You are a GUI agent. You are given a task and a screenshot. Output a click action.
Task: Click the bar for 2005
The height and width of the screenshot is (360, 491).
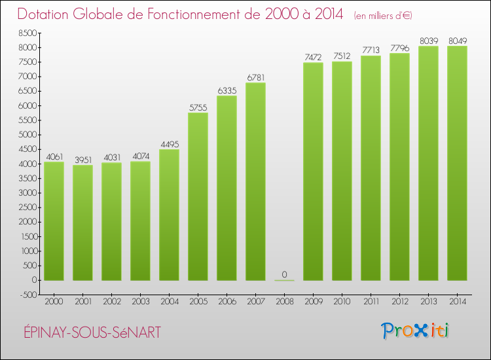point(198,196)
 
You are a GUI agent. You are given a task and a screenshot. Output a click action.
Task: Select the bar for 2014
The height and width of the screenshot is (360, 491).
point(457,163)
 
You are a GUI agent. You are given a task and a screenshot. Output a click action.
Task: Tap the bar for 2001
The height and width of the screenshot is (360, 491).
point(82,223)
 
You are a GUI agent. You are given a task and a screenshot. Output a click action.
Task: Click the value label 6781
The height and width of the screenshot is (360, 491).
point(255,77)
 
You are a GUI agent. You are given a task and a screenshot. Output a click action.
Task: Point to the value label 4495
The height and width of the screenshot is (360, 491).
point(169,144)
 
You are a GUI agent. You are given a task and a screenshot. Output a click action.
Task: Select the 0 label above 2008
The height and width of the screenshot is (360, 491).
point(284,274)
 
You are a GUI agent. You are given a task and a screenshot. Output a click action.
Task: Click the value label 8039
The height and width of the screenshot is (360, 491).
point(428,41)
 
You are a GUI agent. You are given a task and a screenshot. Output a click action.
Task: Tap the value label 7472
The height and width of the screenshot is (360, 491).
point(313,58)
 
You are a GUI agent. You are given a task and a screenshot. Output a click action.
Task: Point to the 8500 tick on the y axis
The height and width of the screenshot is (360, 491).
point(27,33)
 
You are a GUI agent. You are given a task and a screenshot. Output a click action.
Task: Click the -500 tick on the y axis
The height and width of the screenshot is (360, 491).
point(27,295)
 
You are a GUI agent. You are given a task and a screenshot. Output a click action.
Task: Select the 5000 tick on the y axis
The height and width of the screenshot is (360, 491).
point(27,135)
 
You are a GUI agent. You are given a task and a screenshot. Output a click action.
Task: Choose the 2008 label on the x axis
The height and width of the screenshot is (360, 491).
point(284,302)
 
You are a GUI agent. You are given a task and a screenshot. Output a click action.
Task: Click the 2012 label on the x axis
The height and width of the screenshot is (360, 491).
point(399,302)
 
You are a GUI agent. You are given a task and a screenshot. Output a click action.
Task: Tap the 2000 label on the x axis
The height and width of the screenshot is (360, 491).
point(54,302)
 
